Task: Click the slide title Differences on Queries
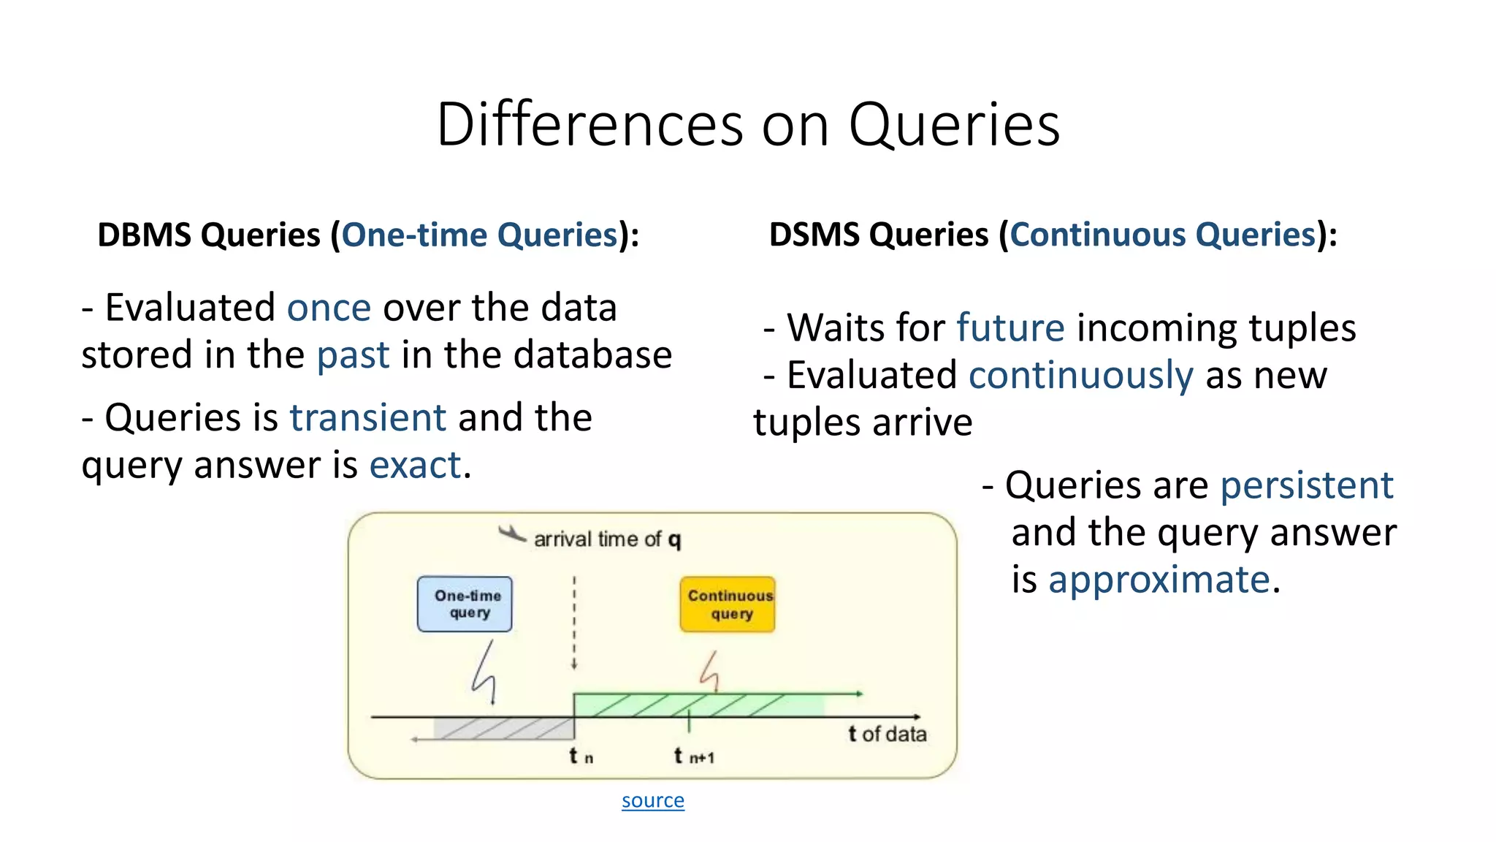pyautogui.click(x=748, y=124)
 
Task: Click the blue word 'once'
pyautogui.click(x=329, y=308)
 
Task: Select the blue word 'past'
pyautogui.click(x=353, y=355)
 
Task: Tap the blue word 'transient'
pyautogui.click(x=367, y=418)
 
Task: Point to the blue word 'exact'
pyautogui.click(x=415, y=466)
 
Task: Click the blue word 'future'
pyautogui.click(x=1010, y=328)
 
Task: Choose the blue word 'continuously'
pyautogui.click(x=1080, y=376)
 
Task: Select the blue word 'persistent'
pyautogui.click(x=1307, y=485)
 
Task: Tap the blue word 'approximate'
pyautogui.click(x=1159, y=580)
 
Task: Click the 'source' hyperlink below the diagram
pyautogui.click(x=652, y=800)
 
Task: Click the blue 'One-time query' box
pyautogui.click(x=465, y=604)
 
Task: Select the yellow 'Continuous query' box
pyautogui.click(x=728, y=604)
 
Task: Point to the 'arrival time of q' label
pyautogui.click(x=606, y=539)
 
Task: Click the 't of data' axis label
pyautogui.click(x=887, y=734)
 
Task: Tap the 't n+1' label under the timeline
pyautogui.click(x=693, y=756)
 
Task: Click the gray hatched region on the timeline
pyautogui.click(x=504, y=728)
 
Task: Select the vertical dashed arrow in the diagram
pyautogui.click(x=574, y=621)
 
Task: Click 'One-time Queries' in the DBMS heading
pyautogui.click(x=480, y=235)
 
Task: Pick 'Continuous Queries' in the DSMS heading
pyautogui.click(x=1163, y=235)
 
